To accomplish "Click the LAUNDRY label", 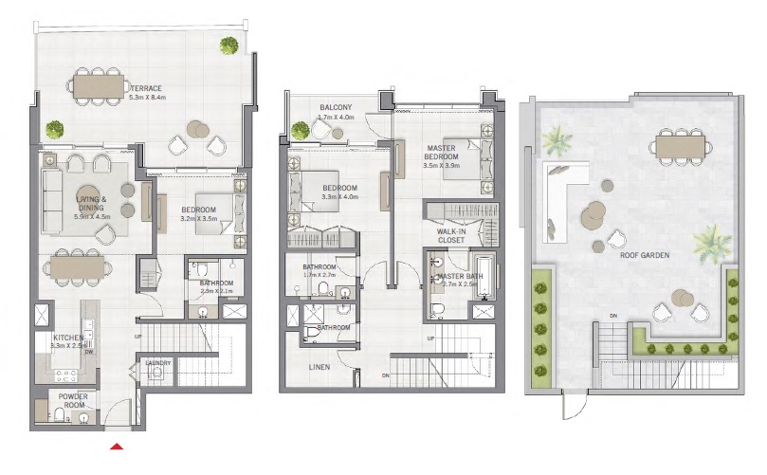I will tap(156, 363).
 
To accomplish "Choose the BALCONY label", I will tap(337, 107).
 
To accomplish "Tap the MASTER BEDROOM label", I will tap(441, 153).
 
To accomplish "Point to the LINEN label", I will tap(320, 366).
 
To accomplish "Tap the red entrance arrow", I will tap(118, 446).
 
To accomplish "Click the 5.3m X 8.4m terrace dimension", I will tap(146, 96).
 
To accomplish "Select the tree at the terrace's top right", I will tap(229, 45).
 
